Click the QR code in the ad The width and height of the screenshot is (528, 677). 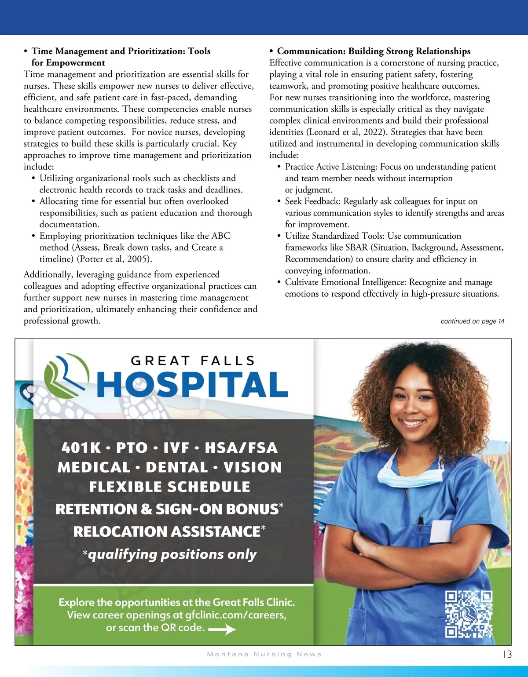click(x=468, y=614)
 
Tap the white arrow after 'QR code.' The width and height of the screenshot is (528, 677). click(x=222, y=630)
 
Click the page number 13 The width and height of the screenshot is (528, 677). click(x=507, y=654)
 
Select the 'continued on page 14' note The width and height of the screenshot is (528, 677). click(x=472, y=321)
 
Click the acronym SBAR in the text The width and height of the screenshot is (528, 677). click(x=356, y=248)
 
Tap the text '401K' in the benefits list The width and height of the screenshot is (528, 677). click(x=81, y=448)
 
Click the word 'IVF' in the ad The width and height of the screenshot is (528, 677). click(x=176, y=448)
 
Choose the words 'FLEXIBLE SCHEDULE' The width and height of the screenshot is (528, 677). click(x=169, y=487)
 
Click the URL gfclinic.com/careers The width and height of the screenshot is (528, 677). click(x=235, y=615)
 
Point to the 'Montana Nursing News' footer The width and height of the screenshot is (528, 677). click(x=264, y=654)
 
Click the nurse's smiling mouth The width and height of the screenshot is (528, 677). click(x=413, y=424)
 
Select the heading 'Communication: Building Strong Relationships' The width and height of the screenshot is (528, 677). click(x=374, y=51)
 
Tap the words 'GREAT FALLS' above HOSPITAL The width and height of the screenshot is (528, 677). click(x=193, y=361)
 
